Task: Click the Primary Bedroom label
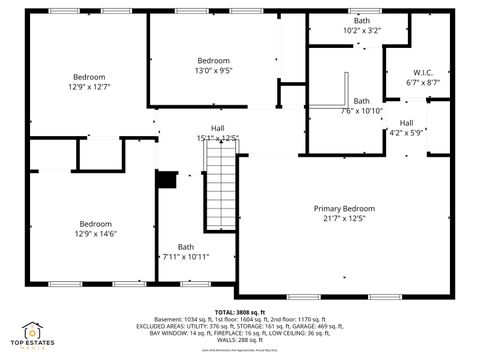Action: click(344, 208)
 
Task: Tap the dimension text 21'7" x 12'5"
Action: click(344, 218)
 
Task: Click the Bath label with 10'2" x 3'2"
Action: click(361, 21)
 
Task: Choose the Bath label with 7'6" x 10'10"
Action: click(361, 100)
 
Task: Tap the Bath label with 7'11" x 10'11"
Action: click(186, 247)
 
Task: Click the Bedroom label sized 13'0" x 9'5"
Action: click(213, 61)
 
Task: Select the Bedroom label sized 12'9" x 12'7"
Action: click(89, 77)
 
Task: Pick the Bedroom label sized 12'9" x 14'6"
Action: click(96, 223)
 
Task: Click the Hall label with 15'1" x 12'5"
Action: click(217, 128)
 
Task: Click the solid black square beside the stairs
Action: click(167, 180)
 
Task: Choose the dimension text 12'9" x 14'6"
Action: click(96, 233)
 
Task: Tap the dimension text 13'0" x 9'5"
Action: click(213, 71)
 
